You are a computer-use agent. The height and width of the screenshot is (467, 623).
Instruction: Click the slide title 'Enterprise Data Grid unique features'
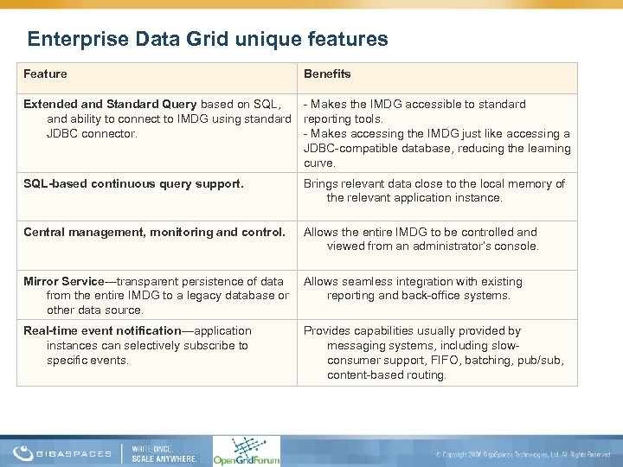tap(207, 39)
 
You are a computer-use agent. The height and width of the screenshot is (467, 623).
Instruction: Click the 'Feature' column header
tap(45, 74)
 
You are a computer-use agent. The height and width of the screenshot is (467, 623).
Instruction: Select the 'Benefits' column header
tap(327, 74)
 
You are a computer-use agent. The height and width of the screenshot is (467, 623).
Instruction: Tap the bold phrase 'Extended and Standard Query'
tap(110, 104)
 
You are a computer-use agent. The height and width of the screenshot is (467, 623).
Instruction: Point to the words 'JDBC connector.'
tap(92, 133)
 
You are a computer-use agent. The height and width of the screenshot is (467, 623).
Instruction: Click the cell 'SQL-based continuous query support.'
tap(133, 183)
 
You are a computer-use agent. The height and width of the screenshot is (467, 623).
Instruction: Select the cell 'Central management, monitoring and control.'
tap(154, 232)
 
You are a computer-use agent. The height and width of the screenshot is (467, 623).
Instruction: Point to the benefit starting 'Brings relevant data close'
tap(434, 183)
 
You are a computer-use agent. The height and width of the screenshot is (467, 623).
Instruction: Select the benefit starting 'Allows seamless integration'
tap(413, 281)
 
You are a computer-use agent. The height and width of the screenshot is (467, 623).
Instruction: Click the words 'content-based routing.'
tap(387, 374)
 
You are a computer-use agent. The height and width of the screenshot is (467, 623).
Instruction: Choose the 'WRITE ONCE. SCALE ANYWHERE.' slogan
tap(164, 452)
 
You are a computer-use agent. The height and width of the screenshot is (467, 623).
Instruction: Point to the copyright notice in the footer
tap(523, 454)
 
